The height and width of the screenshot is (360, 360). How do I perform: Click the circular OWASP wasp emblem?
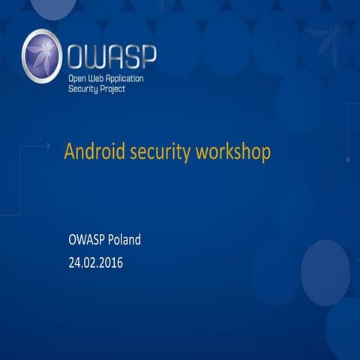[x=42, y=55]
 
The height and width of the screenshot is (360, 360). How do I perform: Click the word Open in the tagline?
[x=79, y=77]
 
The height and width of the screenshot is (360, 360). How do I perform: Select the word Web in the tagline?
[x=103, y=77]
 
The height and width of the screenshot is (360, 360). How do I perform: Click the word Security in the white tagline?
[x=84, y=88]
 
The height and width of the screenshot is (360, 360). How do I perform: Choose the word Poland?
[x=124, y=241]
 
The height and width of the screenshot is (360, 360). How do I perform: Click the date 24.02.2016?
[x=95, y=263]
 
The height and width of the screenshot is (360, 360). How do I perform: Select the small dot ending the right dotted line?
[x=347, y=160]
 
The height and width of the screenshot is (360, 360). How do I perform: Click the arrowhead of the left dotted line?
[x=49, y=144]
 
